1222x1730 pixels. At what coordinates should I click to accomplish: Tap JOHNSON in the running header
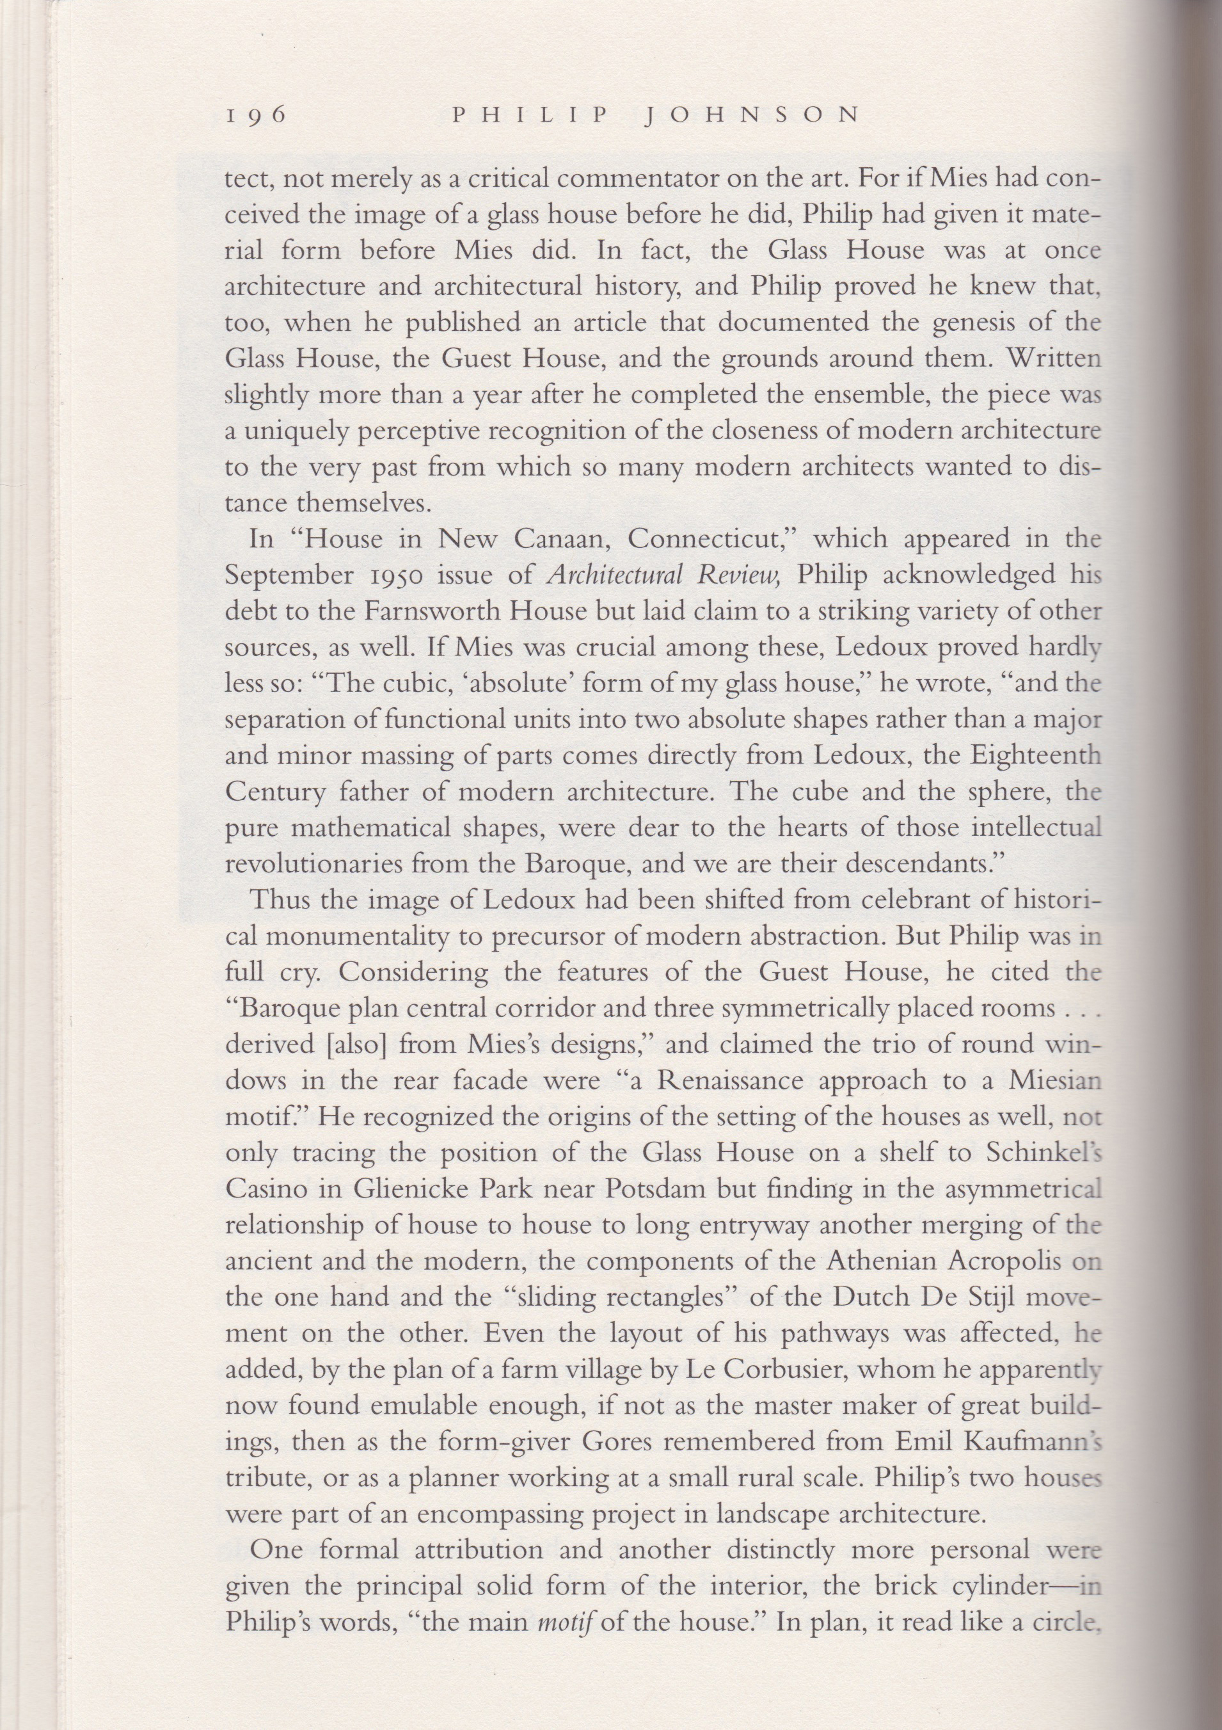(754, 115)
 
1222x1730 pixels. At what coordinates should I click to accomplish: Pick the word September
(289, 575)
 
